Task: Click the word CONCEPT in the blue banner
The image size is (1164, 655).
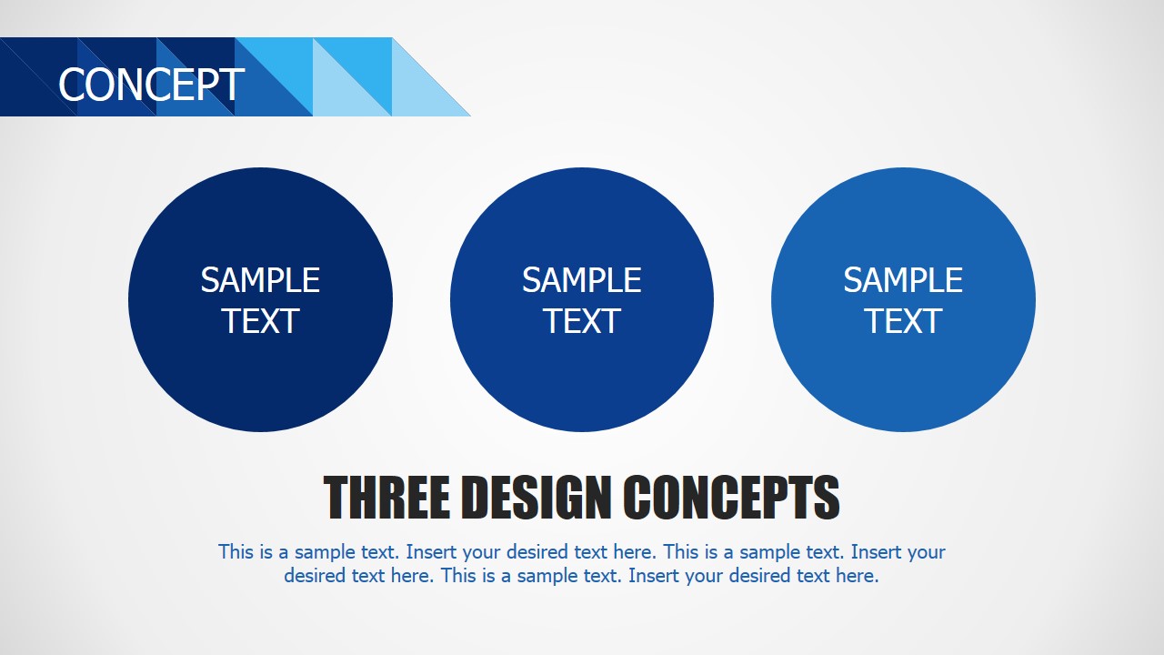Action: coord(151,85)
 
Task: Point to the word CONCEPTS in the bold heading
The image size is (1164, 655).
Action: coord(731,498)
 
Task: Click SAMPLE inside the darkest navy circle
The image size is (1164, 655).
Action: coord(260,280)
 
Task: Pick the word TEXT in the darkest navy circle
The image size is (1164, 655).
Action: coord(260,321)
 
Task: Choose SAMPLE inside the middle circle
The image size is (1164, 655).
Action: coord(582,280)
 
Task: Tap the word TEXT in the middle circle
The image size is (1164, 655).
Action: coord(582,321)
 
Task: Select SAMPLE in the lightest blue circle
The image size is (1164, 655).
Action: coord(903,280)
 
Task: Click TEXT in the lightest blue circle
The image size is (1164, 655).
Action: coord(903,321)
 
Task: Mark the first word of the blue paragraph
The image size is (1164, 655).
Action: coord(236,551)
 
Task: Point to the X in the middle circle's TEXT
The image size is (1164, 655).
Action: coord(593,321)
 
